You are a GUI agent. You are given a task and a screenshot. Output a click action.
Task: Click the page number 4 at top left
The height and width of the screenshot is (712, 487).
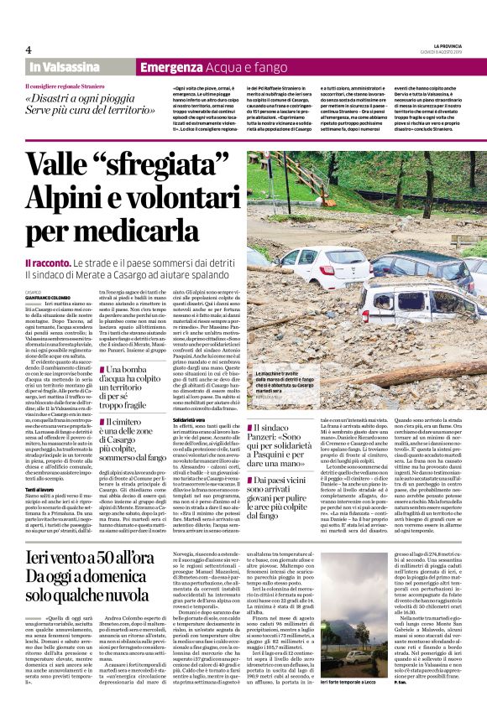pos(29,49)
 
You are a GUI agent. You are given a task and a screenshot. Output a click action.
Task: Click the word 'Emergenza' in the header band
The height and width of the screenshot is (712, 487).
pos(168,67)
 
